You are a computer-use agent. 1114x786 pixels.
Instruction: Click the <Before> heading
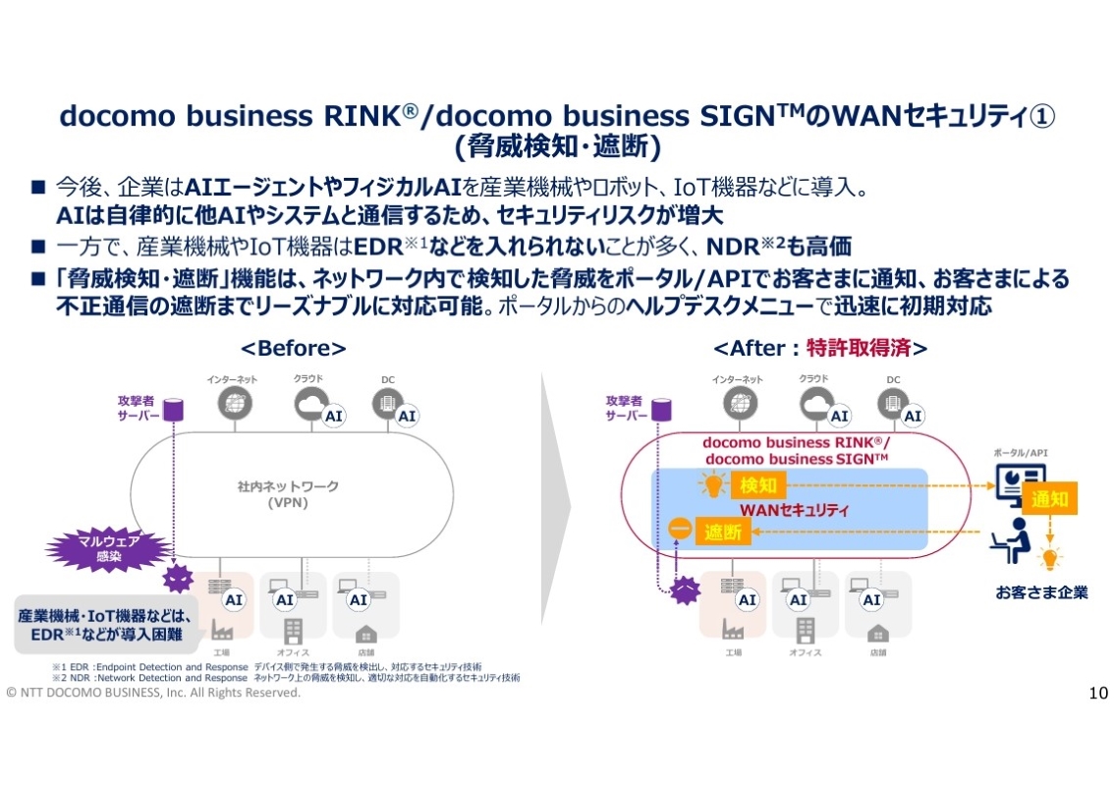point(294,349)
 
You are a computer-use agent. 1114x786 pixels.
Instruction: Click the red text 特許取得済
point(865,349)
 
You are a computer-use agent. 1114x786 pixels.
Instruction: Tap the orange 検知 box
point(758,484)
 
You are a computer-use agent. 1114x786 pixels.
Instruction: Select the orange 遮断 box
point(724,532)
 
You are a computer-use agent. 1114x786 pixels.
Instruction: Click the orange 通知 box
point(1049,498)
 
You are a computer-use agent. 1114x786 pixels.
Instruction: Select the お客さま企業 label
point(1041,592)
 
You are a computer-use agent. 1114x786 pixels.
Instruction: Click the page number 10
point(1098,694)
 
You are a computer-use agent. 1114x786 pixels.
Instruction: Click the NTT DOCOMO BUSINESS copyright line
point(153,693)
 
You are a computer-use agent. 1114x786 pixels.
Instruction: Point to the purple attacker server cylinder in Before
point(174,407)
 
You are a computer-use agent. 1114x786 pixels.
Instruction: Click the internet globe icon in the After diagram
point(738,404)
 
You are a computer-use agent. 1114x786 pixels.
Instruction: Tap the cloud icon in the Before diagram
point(310,403)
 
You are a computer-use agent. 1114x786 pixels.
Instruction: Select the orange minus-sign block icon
point(678,529)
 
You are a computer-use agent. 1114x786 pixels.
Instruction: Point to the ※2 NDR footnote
point(285,678)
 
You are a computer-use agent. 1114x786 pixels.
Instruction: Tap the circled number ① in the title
point(1042,116)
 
